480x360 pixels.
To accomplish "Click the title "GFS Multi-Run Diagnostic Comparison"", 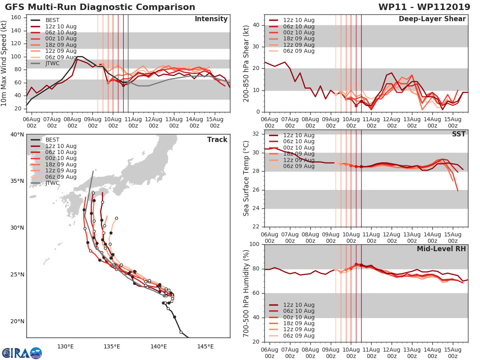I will coord(100,7).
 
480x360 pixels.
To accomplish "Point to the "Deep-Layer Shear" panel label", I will coord(432,19).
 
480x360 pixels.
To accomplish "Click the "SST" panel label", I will coord(458,134).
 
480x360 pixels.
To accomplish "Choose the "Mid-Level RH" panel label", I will coord(441,249).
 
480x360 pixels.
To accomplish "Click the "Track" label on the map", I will coord(217,140).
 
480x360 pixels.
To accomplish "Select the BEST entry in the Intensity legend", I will coord(52,20).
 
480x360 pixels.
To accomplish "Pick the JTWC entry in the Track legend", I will coord(52,183).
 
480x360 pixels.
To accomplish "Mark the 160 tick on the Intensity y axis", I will coord(16,18).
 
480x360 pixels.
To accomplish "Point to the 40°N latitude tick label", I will coord(16,134).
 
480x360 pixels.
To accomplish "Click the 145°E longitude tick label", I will coord(205,346).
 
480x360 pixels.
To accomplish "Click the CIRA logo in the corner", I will coord(22,353).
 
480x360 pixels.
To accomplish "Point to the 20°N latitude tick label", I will coord(16,322).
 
